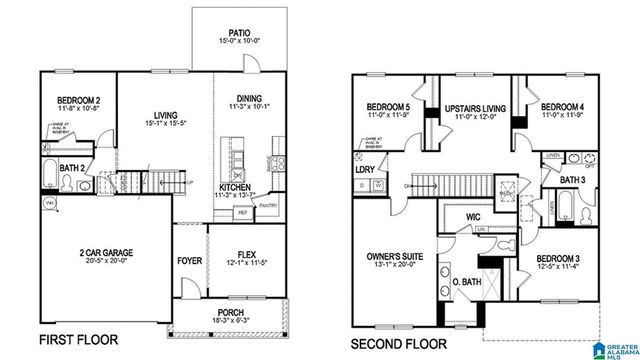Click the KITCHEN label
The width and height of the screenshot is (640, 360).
(235, 187)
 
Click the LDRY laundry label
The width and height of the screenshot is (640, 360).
(365, 170)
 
